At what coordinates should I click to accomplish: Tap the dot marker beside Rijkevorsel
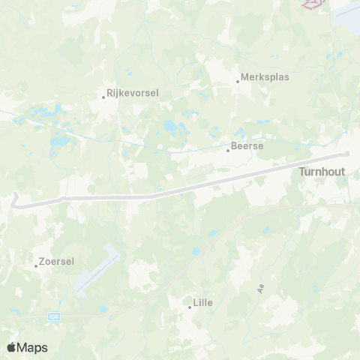coord(104,96)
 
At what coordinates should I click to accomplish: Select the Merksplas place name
coord(265,76)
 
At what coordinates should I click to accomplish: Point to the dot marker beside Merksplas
coord(238,81)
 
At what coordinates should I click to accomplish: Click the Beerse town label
coord(248,145)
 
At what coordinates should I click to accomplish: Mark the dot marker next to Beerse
coord(228,150)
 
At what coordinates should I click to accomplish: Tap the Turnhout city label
coord(322,172)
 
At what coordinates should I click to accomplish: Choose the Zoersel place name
coord(58,262)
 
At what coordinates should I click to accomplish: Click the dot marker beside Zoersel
coord(36,265)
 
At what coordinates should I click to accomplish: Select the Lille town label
coord(203,302)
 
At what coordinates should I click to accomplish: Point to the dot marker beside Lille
coord(190,307)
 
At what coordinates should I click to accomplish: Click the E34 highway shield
coord(53,316)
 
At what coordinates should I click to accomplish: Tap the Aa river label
coord(262,287)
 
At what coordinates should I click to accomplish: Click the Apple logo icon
coord(12,347)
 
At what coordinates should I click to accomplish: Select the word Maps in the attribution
coord(33,347)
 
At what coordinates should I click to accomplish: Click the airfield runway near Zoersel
coord(97,270)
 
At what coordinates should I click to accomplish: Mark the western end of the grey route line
coord(13,199)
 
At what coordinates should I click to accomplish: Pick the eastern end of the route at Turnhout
coord(347,155)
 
